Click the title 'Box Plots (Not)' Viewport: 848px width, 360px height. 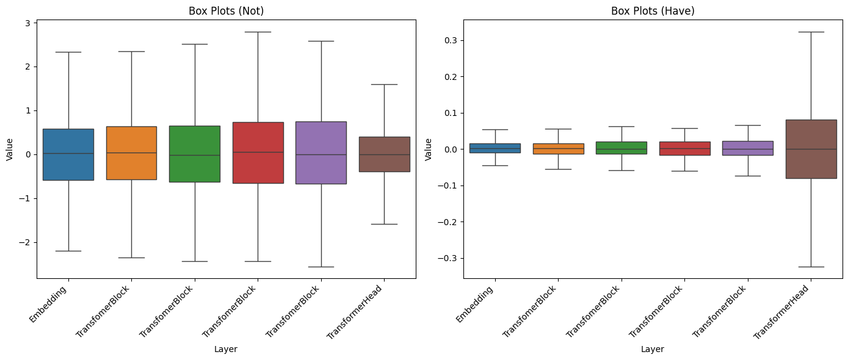226,10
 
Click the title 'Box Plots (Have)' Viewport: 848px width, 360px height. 653,10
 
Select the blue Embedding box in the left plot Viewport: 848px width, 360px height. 68,154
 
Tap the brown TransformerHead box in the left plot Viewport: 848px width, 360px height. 384,154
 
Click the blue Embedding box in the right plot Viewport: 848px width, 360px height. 495,148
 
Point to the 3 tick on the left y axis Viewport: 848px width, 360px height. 28,23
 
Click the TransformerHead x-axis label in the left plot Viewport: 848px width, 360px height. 356,313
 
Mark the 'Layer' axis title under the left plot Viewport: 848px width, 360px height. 226,349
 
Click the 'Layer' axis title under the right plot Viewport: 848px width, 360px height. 653,349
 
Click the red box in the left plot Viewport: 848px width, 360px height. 258,153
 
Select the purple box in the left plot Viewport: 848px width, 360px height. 321,153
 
